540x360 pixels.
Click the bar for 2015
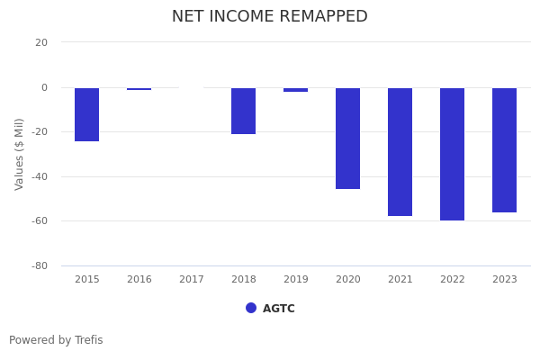coord(87,114)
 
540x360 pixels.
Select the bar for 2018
coord(243,111)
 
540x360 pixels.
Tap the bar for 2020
coord(347,139)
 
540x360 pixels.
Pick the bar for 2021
coord(400,152)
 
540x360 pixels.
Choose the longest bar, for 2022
coord(452,154)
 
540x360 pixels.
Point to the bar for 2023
coord(504,150)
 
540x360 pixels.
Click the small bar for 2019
coord(295,90)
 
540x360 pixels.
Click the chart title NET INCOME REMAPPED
coord(270,17)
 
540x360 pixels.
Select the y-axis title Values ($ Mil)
coord(20,154)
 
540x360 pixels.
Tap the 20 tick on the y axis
coord(41,42)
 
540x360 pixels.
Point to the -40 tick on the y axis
coord(39,176)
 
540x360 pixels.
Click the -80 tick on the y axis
coord(39,265)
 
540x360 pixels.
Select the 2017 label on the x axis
coord(192,280)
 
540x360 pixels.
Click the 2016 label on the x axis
coord(139,280)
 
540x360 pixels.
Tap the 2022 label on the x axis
coord(452,280)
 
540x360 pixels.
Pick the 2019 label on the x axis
coord(295,280)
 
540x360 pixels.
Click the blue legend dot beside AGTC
coord(251,308)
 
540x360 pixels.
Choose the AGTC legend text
coord(279,309)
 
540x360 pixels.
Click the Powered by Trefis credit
coord(56,340)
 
